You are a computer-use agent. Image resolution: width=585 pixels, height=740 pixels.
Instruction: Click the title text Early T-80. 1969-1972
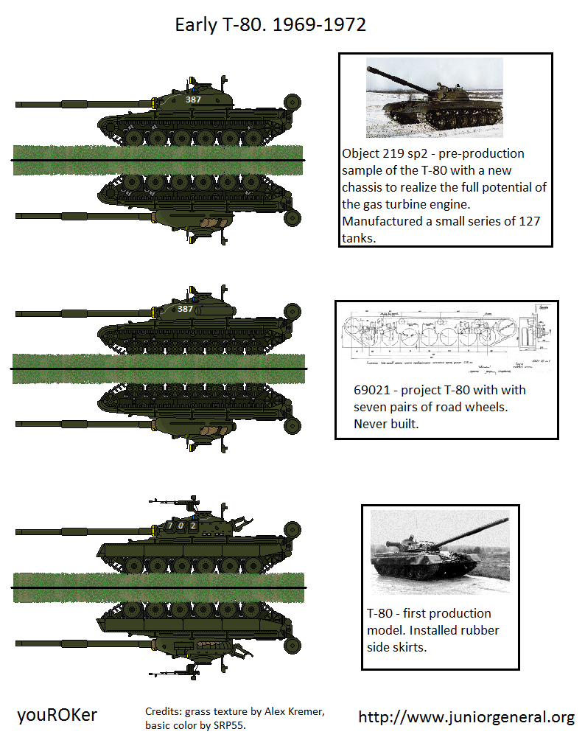(270, 25)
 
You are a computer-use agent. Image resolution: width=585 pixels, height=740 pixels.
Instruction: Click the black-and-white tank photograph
(440, 553)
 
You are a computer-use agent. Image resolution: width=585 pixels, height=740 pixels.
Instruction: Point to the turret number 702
(180, 526)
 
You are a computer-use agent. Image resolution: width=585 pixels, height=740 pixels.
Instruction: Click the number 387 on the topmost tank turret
(193, 100)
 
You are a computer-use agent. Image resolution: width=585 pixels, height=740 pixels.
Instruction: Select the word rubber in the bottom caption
(480, 630)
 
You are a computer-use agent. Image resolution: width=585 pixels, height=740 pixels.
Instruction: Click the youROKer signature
(57, 715)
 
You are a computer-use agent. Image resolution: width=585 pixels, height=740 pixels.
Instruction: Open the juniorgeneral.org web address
(466, 717)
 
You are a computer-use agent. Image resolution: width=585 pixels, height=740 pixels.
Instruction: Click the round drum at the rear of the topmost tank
(292, 101)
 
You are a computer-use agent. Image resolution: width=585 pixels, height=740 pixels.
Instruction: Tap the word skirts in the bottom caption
(410, 646)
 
